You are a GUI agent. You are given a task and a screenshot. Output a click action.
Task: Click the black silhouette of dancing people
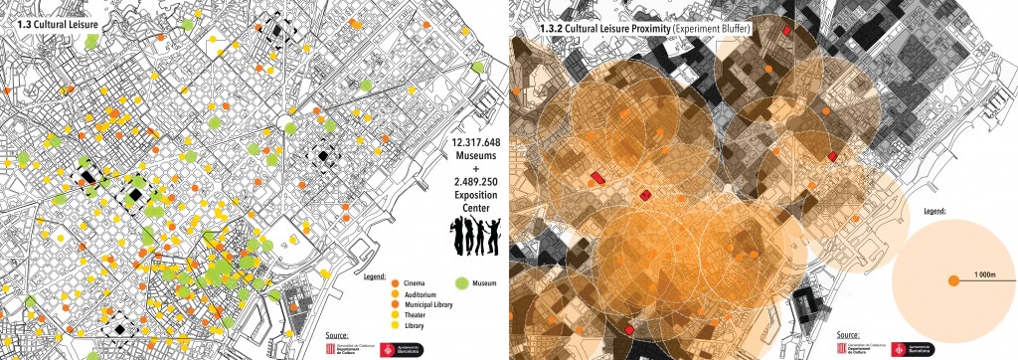pyautogui.click(x=472, y=237)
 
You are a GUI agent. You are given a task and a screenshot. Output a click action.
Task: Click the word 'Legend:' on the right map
pyautogui.click(x=934, y=212)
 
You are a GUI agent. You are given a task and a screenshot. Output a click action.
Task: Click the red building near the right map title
pyautogui.click(x=787, y=31)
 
